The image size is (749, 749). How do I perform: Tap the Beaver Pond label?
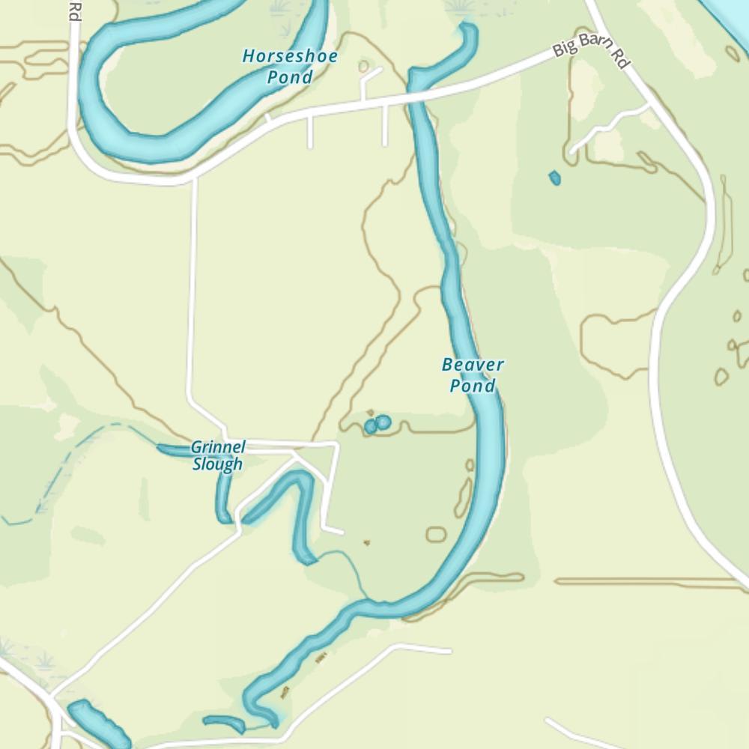(x=473, y=375)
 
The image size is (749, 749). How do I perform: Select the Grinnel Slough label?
(x=217, y=455)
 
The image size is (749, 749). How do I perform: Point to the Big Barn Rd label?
(x=590, y=52)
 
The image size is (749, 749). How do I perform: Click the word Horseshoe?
(x=290, y=56)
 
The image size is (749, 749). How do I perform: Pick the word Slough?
(x=217, y=464)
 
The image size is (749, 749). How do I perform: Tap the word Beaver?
(x=473, y=365)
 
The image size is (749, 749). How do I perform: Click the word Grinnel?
(x=217, y=447)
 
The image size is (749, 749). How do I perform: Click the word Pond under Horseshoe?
(x=291, y=76)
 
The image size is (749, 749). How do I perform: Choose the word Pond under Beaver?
(x=473, y=386)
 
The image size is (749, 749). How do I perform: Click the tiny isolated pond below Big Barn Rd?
(x=554, y=178)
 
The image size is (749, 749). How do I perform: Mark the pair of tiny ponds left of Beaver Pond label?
(x=377, y=425)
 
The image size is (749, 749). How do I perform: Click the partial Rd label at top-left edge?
(x=73, y=10)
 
